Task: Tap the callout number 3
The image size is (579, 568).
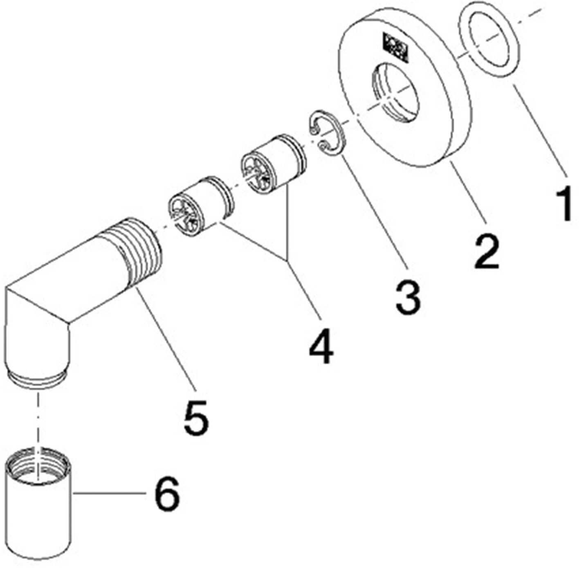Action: click(408, 297)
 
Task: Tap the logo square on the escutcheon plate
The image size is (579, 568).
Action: click(395, 46)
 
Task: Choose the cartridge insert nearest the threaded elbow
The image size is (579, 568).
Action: click(199, 207)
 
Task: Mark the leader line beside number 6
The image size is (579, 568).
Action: click(108, 494)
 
